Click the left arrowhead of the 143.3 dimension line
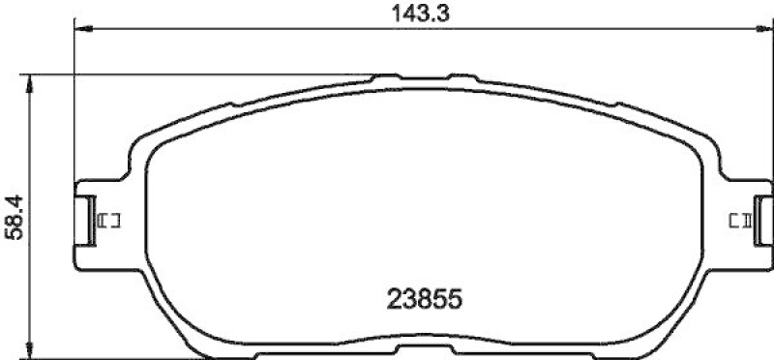pos(81,30)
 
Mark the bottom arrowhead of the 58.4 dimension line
pos(34,352)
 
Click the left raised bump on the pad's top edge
pos(388,75)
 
